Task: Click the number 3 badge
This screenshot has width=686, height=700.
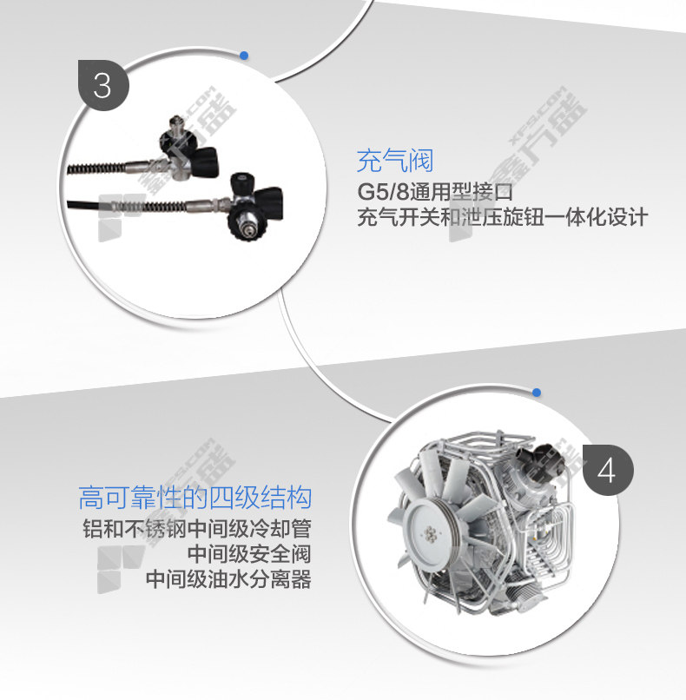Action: click(x=103, y=85)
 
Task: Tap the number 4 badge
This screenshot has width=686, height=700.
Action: click(x=608, y=470)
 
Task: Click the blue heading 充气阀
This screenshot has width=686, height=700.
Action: click(x=395, y=161)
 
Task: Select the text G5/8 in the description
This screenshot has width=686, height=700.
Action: click(x=383, y=192)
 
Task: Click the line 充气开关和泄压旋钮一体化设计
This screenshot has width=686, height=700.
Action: click(x=502, y=217)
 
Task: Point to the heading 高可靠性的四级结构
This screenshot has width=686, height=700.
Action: click(x=195, y=498)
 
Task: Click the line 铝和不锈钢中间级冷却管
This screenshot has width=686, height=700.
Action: click(x=197, y=529)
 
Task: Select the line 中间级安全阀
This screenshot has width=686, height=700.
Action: click(x=248, y=554)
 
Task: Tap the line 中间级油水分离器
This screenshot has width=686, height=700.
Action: click(x=228, y=579)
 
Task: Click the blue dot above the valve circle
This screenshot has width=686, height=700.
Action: click(x=244, y=56)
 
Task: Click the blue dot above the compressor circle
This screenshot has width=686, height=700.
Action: click(x=537, y=393)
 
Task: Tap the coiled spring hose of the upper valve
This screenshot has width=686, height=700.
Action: click(x=96, y=168)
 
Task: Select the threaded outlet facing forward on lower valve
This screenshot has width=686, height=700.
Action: click(x=244, y=226)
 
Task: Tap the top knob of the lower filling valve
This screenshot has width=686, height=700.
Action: click(x=241, y=181)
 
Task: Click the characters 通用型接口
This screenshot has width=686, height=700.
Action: click(x=460, y=192)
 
